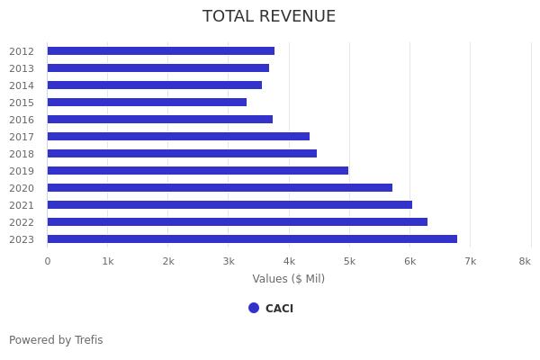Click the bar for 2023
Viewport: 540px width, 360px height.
pos(252,239)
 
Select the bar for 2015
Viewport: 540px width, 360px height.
pos(147,103)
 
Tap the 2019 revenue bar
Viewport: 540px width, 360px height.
pos(198,171)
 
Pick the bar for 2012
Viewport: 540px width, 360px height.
pos(161,51)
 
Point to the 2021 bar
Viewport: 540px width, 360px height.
pos(229,205)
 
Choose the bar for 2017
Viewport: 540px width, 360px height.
pos(178,137)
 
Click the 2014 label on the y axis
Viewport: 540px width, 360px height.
pos(22,85)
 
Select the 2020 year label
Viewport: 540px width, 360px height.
pos(22,188)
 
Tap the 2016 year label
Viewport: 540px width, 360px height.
pos(22,120)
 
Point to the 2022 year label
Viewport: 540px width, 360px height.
pos(22,222)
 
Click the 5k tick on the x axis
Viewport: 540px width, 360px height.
pos(349,261)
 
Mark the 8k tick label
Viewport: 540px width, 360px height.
pos(525,261)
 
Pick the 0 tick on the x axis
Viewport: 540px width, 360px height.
pos(48,261)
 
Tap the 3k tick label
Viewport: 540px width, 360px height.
pos(229,261)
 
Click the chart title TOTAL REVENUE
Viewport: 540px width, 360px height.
pos(269,17)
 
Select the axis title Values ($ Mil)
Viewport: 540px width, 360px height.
pos(288,279)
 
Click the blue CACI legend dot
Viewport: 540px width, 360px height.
pos(254,308)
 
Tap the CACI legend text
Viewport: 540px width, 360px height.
pos(279,309)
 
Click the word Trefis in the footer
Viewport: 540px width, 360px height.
pos(87,340)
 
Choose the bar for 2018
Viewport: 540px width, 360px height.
pos(182,154)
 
